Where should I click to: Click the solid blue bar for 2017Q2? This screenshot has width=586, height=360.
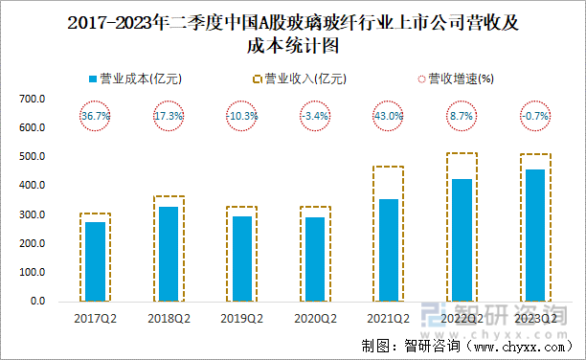coord(95,261)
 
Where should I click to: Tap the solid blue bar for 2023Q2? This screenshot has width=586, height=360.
coord(535,236)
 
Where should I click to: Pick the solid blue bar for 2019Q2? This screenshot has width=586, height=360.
coord(242,259)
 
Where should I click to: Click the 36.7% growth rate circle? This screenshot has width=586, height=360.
coord(95,116)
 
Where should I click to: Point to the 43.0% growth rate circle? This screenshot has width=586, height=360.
coord(389,116)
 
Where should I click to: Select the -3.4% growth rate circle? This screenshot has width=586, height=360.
coord(315,116)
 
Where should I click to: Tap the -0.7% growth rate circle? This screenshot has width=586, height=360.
coord(535,116)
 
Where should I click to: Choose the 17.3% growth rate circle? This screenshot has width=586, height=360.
coord(169,116)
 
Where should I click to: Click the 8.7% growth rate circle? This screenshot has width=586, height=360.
coord(462,116)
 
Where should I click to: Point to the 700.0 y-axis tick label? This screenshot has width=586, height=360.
coord(32,99)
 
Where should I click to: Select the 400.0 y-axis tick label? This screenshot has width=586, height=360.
coord(32,186)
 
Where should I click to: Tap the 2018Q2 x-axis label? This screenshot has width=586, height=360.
coord(169,318)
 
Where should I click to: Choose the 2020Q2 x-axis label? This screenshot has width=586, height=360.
coord(315,318)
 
